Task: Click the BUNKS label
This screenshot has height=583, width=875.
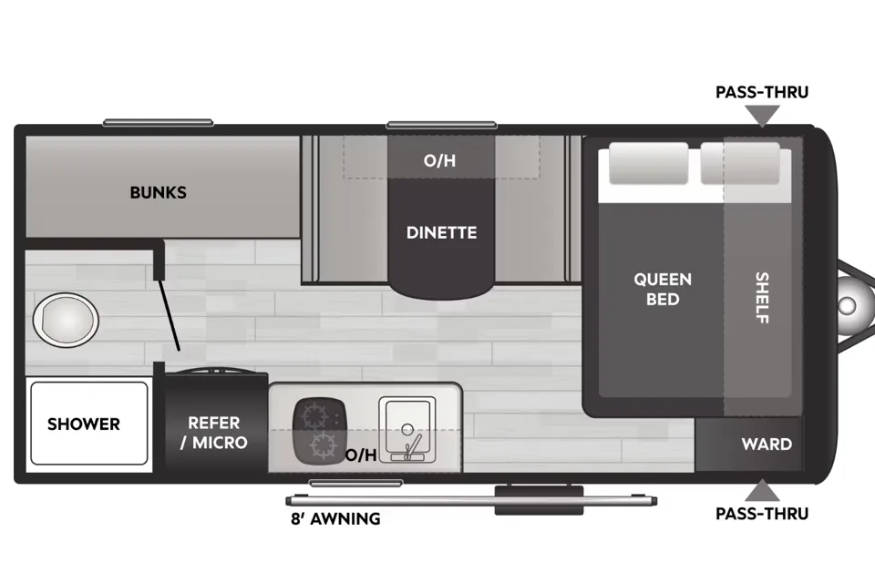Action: [x=158, y=192]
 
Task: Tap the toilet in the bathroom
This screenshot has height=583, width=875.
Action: [x=66, y=320]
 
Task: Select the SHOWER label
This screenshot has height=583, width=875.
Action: [x=84, y=424]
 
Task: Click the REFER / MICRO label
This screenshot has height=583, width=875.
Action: [x=213, y=433]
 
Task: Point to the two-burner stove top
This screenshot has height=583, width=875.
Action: [x=319, y=430]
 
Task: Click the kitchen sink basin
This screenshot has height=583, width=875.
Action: [x=407, y=429]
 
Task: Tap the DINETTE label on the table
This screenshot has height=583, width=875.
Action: [x=441, y=232]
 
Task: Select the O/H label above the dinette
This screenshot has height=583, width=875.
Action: [x=439, y=160]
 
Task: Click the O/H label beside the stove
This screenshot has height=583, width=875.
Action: [x=361, y=455]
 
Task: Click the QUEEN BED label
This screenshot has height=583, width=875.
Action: [x=663, y=289]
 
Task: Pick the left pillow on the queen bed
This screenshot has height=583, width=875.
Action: [x=648, y=163]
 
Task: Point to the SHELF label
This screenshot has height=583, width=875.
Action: [x=762, y=297]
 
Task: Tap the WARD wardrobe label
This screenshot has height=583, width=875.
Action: [x=767, y=445]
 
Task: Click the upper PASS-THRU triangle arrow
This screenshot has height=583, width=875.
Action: [x=762, y=116]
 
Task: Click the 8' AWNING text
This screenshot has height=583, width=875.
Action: [x=335, y=519]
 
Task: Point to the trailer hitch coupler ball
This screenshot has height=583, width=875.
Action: [x=847, y=305]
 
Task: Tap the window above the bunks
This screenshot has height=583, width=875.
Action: [x=158, y=123]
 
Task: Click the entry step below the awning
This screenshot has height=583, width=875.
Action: [x=539, y=500]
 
